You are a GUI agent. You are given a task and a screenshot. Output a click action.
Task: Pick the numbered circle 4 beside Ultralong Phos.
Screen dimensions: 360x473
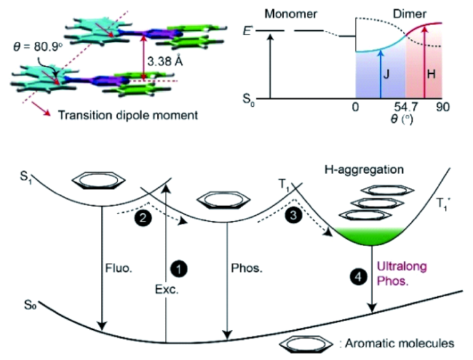357,275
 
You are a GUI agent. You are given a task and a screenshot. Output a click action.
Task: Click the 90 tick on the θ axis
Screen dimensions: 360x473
441,108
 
